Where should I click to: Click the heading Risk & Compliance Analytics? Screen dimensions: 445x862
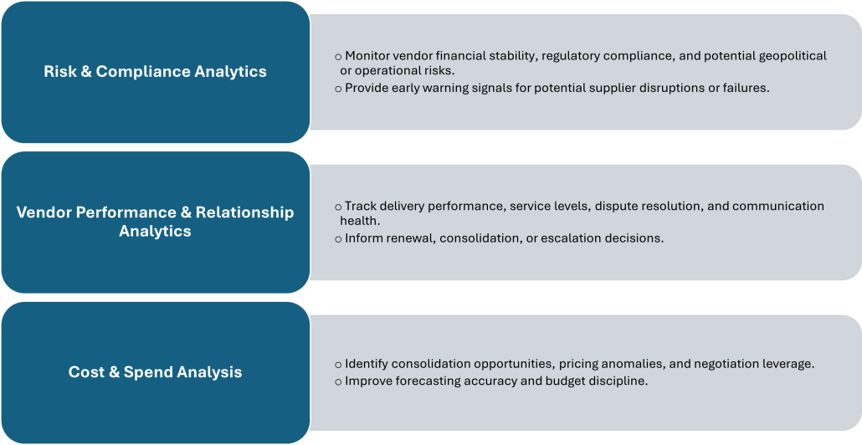[x=155, y=72]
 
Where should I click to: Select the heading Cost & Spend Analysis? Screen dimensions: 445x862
[x=155, y=372]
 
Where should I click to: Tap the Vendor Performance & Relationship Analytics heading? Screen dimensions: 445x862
[x=155, y=221]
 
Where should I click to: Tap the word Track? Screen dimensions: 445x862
[x=361, y=206]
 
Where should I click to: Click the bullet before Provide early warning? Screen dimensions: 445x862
[x=338, y=88]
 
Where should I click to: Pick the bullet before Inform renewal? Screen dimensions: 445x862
[x=338, y=239]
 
